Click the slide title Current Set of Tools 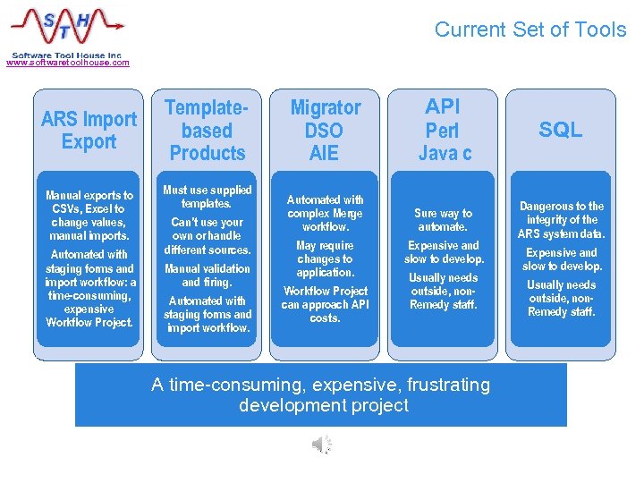(530, 30)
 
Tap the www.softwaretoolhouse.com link (67, 63)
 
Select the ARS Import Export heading (89, 131)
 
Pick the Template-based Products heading (207, 131)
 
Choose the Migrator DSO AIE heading (325, 131)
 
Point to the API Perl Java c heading (444, 131)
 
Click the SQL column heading (561, 131)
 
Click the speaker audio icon (322, 445)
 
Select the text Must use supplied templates (207, 197)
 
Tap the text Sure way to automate (444, 220)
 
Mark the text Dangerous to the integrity (562, 220)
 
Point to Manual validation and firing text (207, 275)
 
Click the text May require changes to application (325, 258)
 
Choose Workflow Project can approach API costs (325, 304)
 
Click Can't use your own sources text (207, 236)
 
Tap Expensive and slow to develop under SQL (562, 259)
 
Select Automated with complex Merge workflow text (325, 213)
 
